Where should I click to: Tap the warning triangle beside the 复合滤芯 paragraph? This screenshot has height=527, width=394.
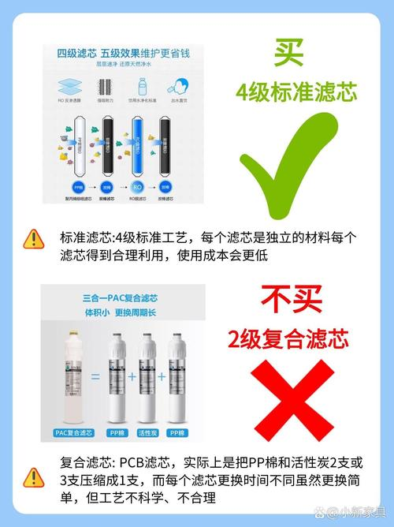[x=33, y=477]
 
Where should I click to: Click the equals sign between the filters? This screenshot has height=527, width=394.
[x=94, y=377]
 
